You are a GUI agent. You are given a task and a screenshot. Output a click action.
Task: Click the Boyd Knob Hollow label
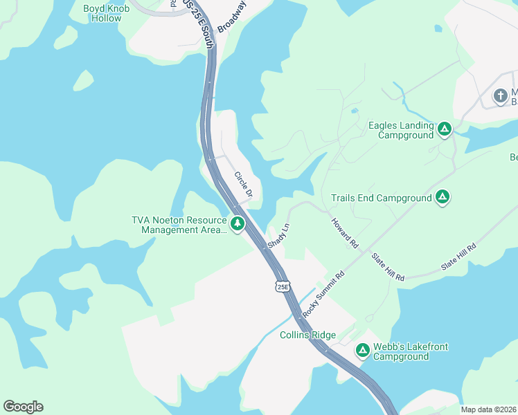(102, 13)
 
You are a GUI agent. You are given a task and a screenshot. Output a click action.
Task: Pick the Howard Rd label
(344, 233)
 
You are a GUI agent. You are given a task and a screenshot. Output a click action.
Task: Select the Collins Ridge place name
(307, 335)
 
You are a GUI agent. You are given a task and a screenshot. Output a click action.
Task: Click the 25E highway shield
(282, 286)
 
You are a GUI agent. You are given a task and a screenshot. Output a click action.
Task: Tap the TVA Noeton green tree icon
(238, 223)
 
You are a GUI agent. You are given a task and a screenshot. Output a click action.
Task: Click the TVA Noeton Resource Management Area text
(179, 225)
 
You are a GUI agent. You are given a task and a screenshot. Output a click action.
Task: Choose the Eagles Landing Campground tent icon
(445, 128)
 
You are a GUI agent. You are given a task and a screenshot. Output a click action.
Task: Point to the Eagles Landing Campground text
(402, 131)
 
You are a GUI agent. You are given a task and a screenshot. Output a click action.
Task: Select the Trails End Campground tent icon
(443, 198)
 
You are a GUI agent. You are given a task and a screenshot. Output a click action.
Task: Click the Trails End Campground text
(381, 199)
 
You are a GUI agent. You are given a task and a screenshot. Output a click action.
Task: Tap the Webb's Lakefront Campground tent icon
(362, 351)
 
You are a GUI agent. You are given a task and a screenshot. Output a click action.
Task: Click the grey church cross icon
(500, 96)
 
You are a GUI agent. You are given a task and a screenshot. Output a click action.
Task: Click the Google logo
(23, 407)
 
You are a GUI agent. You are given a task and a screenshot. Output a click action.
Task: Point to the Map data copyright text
(488, 409)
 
